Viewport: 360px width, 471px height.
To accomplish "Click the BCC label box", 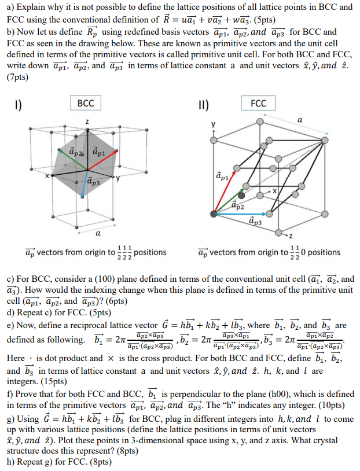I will point(86,104).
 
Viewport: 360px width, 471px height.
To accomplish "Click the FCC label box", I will point(259,104).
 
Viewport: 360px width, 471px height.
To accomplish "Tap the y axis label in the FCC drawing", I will point(214,123).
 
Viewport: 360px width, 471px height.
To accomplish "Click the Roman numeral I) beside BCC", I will point(19,105).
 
